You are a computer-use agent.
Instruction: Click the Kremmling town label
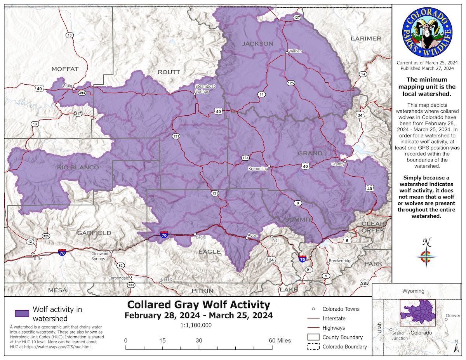click(258, 169)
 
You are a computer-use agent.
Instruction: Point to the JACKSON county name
click(257, 43)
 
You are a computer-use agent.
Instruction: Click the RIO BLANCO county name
click(78, 167)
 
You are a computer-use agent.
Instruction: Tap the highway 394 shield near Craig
click(82, 93)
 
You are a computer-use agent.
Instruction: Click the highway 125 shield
click(290, 83)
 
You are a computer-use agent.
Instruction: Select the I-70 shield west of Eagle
click(164, 235)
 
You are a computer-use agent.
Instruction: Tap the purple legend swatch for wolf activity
click(22, 314)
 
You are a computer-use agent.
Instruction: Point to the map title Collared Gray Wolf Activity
click(198, 304)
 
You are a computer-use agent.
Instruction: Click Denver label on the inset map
click(453, 316)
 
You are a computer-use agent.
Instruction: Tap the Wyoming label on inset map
click(413, 291)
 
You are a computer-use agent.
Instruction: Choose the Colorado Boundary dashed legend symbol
click(313, 346)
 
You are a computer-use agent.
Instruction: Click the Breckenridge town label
click(341, 261)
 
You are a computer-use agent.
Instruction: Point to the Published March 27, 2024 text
click(427, 68)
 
